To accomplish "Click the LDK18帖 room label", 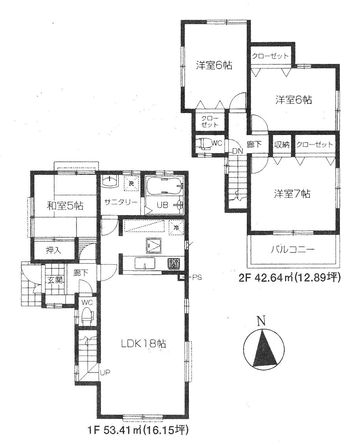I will [143, 343].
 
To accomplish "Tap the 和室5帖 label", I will [64, 205].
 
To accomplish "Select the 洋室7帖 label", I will [292, 194].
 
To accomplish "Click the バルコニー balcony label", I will [293, 249].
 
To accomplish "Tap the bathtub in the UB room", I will [164, 187].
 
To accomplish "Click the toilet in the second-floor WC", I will [204, 144].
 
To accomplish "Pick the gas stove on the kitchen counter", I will [174, 263].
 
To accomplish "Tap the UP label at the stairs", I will [104, 372].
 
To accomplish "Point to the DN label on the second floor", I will [237, 152].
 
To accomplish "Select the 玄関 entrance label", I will [53, 281].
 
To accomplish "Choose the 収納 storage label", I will [282, 145].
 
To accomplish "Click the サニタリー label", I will [121, 202].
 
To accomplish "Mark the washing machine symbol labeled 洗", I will [131, 183].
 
